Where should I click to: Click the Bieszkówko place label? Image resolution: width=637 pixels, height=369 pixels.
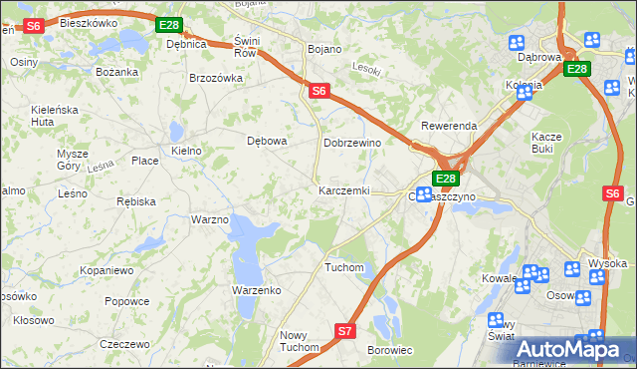click(88, 21)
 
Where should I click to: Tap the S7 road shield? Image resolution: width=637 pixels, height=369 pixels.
click(345, 330)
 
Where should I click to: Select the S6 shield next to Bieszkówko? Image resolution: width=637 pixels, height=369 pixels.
click(33, 26)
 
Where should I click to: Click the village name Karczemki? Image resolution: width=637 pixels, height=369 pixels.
click(343, 190)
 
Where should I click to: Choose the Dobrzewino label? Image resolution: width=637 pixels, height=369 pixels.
click(353, 143)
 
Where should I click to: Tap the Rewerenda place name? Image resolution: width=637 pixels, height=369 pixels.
click(449, 126)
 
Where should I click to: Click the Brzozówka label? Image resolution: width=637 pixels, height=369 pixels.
click(216, 78)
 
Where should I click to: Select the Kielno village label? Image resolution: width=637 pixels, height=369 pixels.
click(186, 151)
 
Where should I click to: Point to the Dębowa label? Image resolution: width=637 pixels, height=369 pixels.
click(267, 141)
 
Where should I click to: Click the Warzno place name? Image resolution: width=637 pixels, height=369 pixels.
click(210, 218)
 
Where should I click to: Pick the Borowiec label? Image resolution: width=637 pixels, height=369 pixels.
click(390, 351)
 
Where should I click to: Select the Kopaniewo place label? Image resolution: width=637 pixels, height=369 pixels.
click(107, 270)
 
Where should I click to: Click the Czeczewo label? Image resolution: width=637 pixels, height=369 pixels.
click(124, 343)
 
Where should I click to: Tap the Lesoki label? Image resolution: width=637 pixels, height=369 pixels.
click(367, 68)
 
